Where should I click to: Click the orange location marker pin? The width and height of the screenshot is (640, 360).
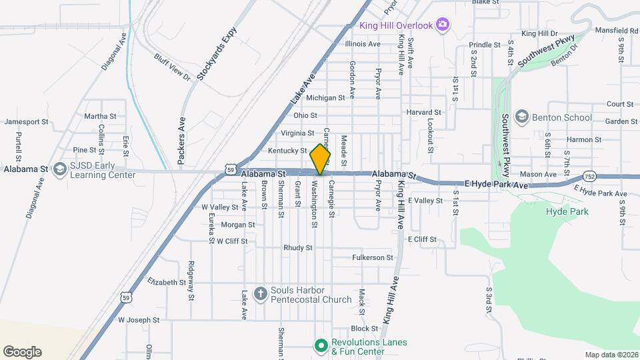pos(321,159)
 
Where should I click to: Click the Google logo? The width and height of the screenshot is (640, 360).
pos(22,351)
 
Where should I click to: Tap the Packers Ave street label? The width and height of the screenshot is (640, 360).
pos(181,141)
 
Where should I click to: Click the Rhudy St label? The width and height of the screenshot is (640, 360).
pos(298,247)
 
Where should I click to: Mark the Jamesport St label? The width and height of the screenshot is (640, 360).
pos(27,122)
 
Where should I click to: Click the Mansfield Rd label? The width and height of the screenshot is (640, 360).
pos(615,31)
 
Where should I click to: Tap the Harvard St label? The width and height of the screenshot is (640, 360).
pos(424,113)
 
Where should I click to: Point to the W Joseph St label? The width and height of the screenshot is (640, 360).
pos(139,320)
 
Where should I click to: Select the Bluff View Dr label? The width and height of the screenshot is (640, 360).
pos(173,67)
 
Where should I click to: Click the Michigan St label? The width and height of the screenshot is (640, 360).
pos(325,97)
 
